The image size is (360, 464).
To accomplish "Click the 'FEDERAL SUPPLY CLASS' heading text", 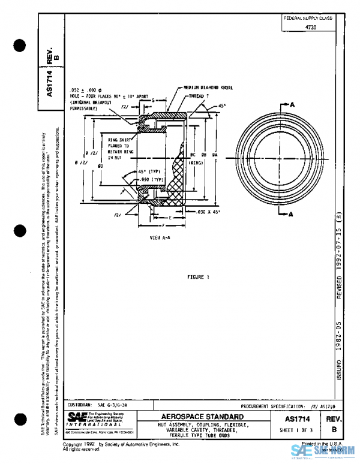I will pyautogui.click(x=308, y=19).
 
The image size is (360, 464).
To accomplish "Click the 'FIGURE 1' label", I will pyautogui.click(x=198, y=277).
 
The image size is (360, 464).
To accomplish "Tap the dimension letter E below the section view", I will pyautogui.click(x=170, y=218).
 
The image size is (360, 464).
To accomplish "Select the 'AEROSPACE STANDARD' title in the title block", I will pyautogui.click(x=202, y=417).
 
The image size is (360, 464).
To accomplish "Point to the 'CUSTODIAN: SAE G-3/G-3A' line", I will pyautogui.click(x=94, y=406).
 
